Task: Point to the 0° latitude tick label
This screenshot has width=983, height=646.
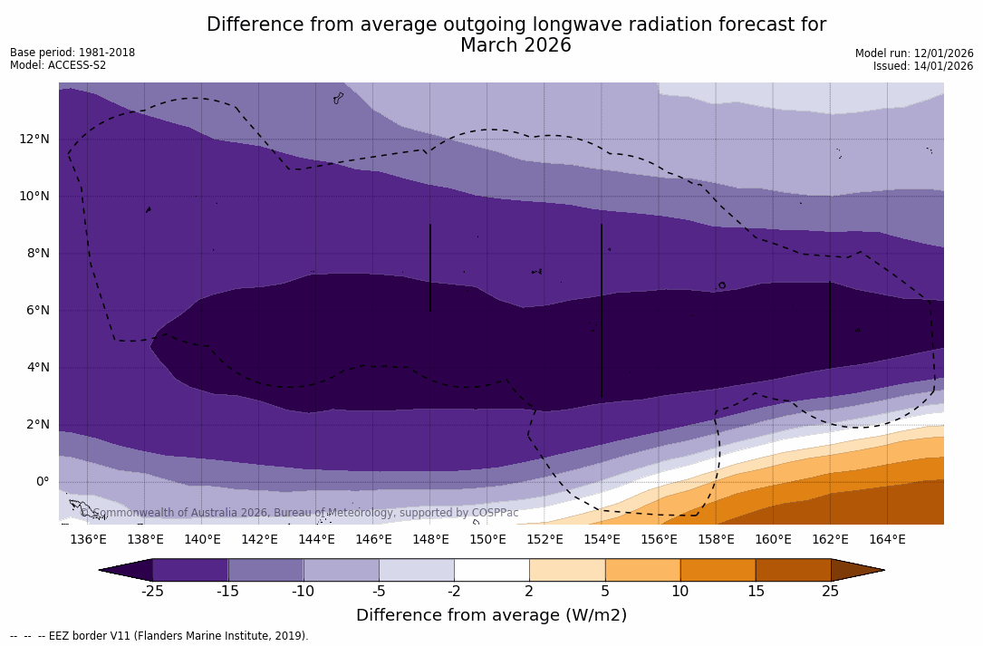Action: (43, 481)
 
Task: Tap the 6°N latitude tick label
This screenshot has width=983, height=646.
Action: (35, 310)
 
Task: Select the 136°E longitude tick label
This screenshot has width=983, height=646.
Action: (88, 540)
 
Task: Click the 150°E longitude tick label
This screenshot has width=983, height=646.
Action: (487, 540)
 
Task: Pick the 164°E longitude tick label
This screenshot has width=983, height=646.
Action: (887, 540)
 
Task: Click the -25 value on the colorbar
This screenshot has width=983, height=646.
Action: (152, 592)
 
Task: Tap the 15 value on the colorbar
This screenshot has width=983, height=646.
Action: (755, 592)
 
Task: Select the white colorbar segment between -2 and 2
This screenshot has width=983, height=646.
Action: (491, 570)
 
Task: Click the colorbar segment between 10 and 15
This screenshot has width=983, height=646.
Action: (718, 570)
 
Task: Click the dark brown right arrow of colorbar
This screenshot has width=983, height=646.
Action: (856, 570)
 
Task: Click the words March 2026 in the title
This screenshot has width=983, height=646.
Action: (516, 45)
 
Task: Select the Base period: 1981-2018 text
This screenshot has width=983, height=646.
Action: (72, 53)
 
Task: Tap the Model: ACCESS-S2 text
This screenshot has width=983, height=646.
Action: (58, 65)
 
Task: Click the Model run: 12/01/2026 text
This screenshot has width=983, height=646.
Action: (914, 53)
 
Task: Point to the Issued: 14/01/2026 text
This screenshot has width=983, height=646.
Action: (923, 66)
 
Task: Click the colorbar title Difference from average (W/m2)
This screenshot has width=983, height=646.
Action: (491, 615)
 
